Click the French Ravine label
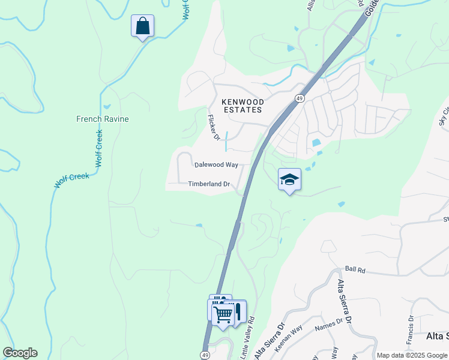click(102, 119)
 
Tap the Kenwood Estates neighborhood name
click(242, 106)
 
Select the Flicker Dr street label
click(213, 127)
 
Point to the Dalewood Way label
click(216, 164)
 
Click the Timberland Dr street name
click(209, 184)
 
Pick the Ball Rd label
click(355, 271)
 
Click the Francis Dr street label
click(411, 328)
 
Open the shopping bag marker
click(142, 26)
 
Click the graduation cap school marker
click(289, 179)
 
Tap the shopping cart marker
click(223, 313)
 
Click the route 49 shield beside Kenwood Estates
click(298, 98)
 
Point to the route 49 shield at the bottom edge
click(206, 355)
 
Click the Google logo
click(20, 353)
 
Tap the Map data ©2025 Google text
click(412, 355)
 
